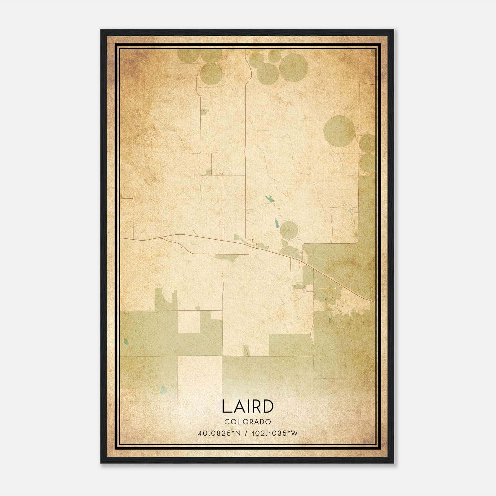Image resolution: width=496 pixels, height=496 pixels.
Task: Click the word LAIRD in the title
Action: pyautogui.click(x=248, y=407)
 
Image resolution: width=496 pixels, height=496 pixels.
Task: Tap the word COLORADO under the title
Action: pyautogui.click(x=248, y=422)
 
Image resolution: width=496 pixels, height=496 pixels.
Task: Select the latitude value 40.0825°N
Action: pyautogui.click(x=219, y=433)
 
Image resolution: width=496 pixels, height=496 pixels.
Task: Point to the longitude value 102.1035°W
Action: pyautogui.click(x=274, y=433)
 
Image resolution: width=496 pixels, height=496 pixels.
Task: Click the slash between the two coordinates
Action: pyautogui.click(x=246, y=433)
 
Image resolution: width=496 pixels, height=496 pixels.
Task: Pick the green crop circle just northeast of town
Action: pyautogui.click(x=289, y=230)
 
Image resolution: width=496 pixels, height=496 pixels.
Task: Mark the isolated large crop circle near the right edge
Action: pyautogui.click(x=339, y=131)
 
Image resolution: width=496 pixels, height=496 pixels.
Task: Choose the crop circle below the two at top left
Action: pyautogui.click(x=211, y=74)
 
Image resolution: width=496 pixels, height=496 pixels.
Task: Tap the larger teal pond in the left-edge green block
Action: pyautogui.click(x=126, y=342)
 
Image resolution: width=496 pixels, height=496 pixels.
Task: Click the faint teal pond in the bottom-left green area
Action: pyautogui.click(x=163, y=389)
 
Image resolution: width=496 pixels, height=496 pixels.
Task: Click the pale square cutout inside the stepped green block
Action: pyautogui.click(x=189, y=322)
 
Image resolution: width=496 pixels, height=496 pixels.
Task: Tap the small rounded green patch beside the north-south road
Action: pyautogui.click(x=203, y=112)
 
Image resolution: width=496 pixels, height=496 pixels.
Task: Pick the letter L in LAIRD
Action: pyautogui.click(x=226, y=407)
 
